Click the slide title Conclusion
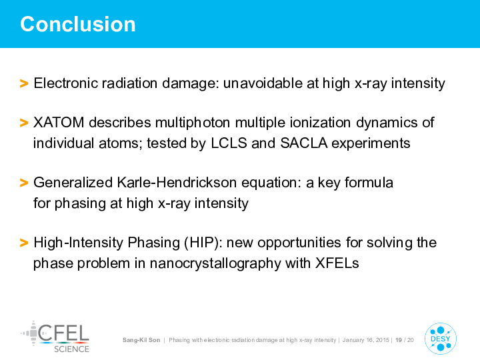(78, 24)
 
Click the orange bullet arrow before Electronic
(24, 83)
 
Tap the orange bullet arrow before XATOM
(24, 123)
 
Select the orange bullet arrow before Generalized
(24, 183)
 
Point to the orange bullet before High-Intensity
(24, 243)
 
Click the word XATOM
(59, 123)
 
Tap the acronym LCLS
(229, 143)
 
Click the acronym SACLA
(304, 143)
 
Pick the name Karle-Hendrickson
(177, 183)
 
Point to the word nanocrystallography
(215, 263)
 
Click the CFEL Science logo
(55, 337)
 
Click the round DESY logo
(441, 339)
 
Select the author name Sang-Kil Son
(141, 340)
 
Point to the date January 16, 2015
(365, 340)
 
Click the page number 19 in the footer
(399, 340)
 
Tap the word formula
(369, 183)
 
